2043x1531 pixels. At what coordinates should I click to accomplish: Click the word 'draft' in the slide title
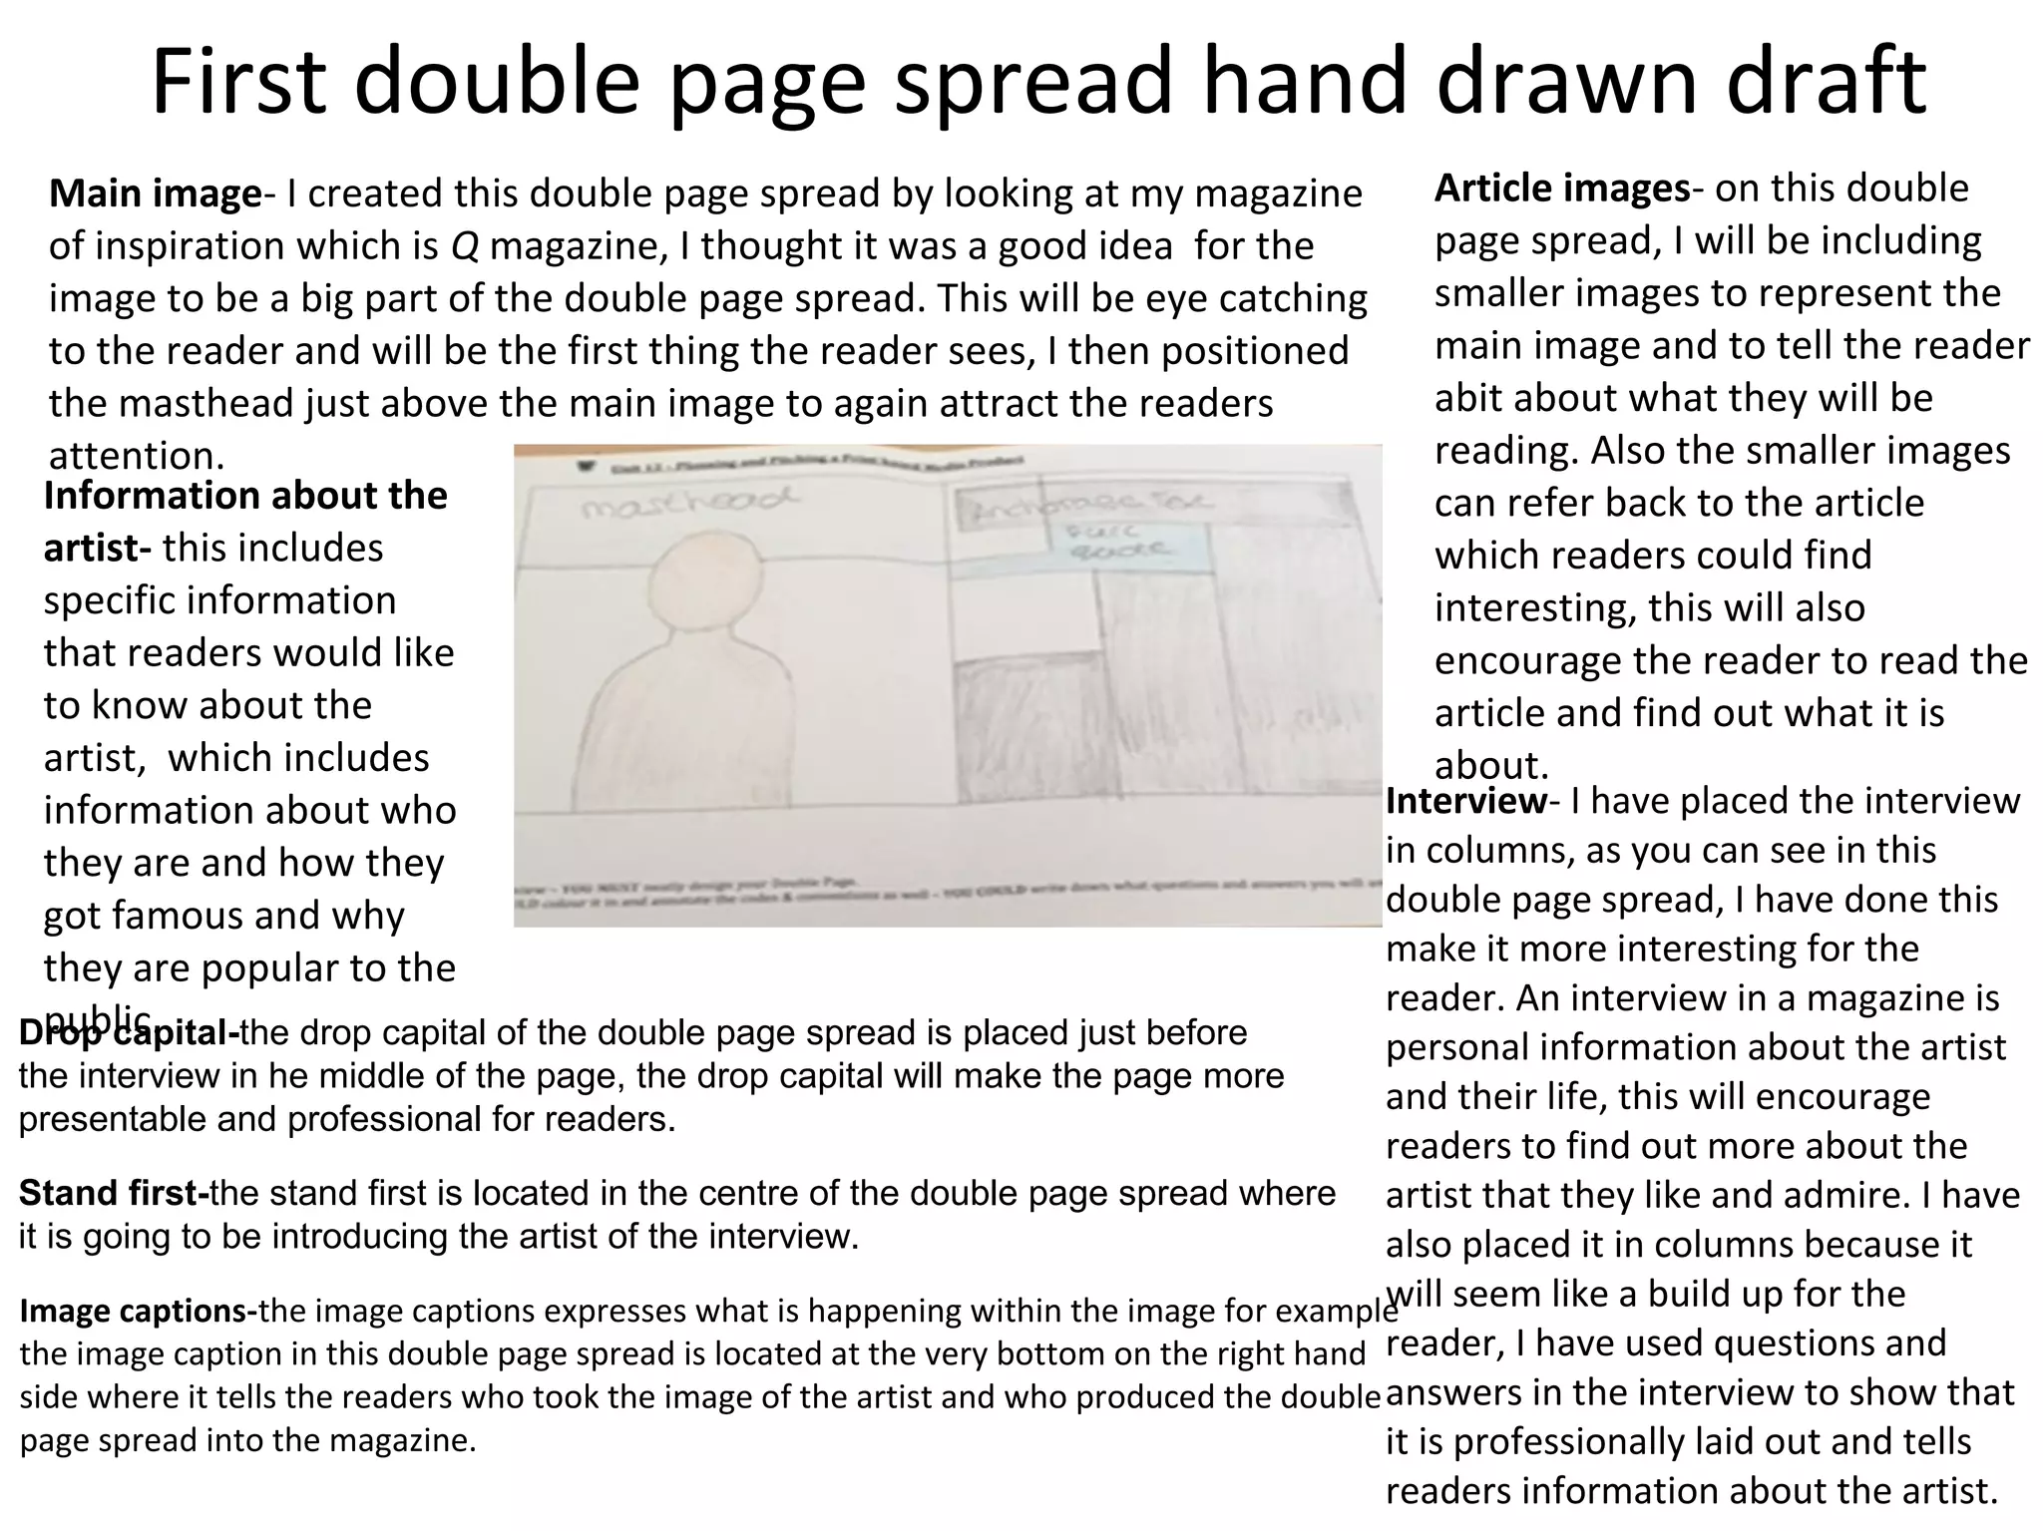[x=1826, y=82]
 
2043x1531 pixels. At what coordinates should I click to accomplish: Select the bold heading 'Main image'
[x=155, y=193]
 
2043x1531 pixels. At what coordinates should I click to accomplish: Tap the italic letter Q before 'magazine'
[x=465, y=246]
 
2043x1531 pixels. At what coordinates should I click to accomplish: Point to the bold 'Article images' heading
[x=1562, y=189]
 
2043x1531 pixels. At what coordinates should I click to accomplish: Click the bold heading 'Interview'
[x=1465, y=801]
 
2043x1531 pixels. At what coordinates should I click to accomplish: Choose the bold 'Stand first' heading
[x=114, y=1193]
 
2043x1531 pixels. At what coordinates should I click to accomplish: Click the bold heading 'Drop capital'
[x=129, y=1033]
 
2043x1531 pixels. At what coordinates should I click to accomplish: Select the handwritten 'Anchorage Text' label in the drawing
[x=1087, y=508]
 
